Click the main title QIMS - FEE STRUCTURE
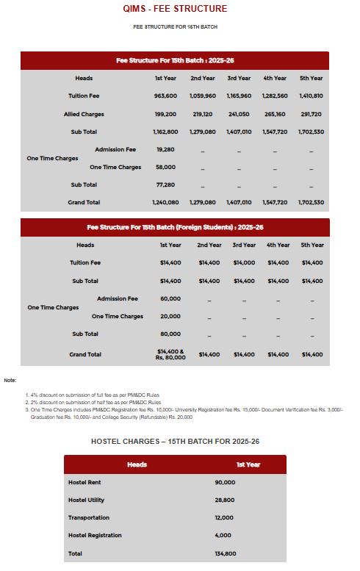(175, 9)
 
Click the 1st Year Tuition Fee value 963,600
(165, 96)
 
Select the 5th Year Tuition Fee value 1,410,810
(311, 96)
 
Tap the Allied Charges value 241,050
(239, 115)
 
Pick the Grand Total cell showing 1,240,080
(165, 202)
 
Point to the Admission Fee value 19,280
(165, 149)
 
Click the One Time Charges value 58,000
(165, 167)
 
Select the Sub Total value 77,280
(165, 184)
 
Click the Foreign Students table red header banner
(175, 227)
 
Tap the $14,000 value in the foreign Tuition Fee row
(244, 262)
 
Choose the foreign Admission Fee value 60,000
(170, 299)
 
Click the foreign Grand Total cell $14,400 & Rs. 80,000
(170, 354)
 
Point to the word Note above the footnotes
(10, 380)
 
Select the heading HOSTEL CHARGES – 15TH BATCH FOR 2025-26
(175, 441)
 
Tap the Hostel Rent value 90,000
(225, 482)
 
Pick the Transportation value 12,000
(225, 517)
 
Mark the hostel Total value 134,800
(225, 553)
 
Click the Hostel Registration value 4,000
(223, 535)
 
